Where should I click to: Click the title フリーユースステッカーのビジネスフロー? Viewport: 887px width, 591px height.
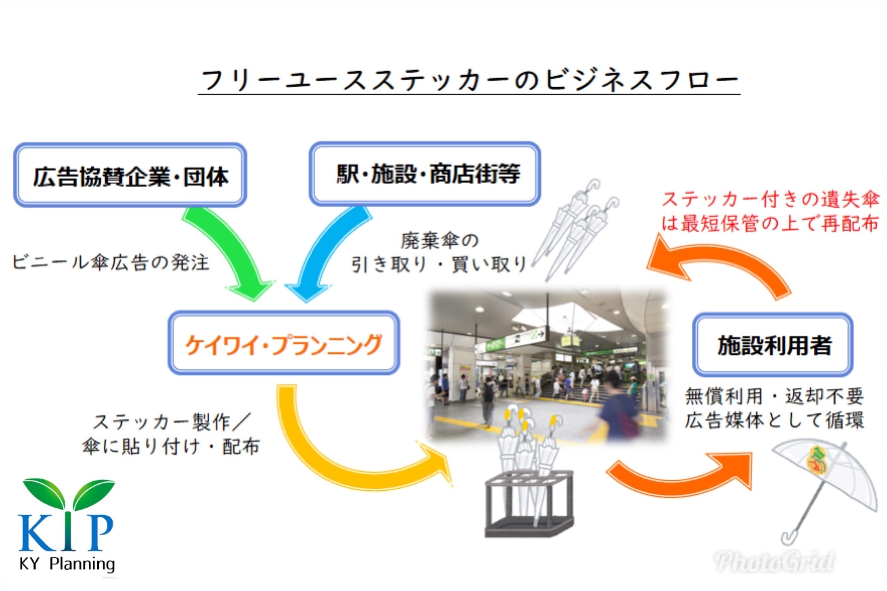(469, 80)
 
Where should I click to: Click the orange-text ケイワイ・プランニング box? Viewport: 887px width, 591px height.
(284, 343)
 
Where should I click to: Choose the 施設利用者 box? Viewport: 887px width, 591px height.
(774, 344)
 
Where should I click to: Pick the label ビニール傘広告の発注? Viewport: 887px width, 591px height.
(110, 263)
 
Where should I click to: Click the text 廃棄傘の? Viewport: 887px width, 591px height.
(439, 241)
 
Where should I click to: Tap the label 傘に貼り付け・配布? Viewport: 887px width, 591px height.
(171, 447)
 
